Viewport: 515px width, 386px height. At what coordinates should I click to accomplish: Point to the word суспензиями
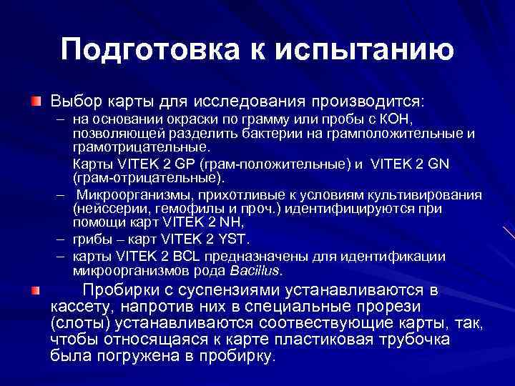[x=226, y=290]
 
